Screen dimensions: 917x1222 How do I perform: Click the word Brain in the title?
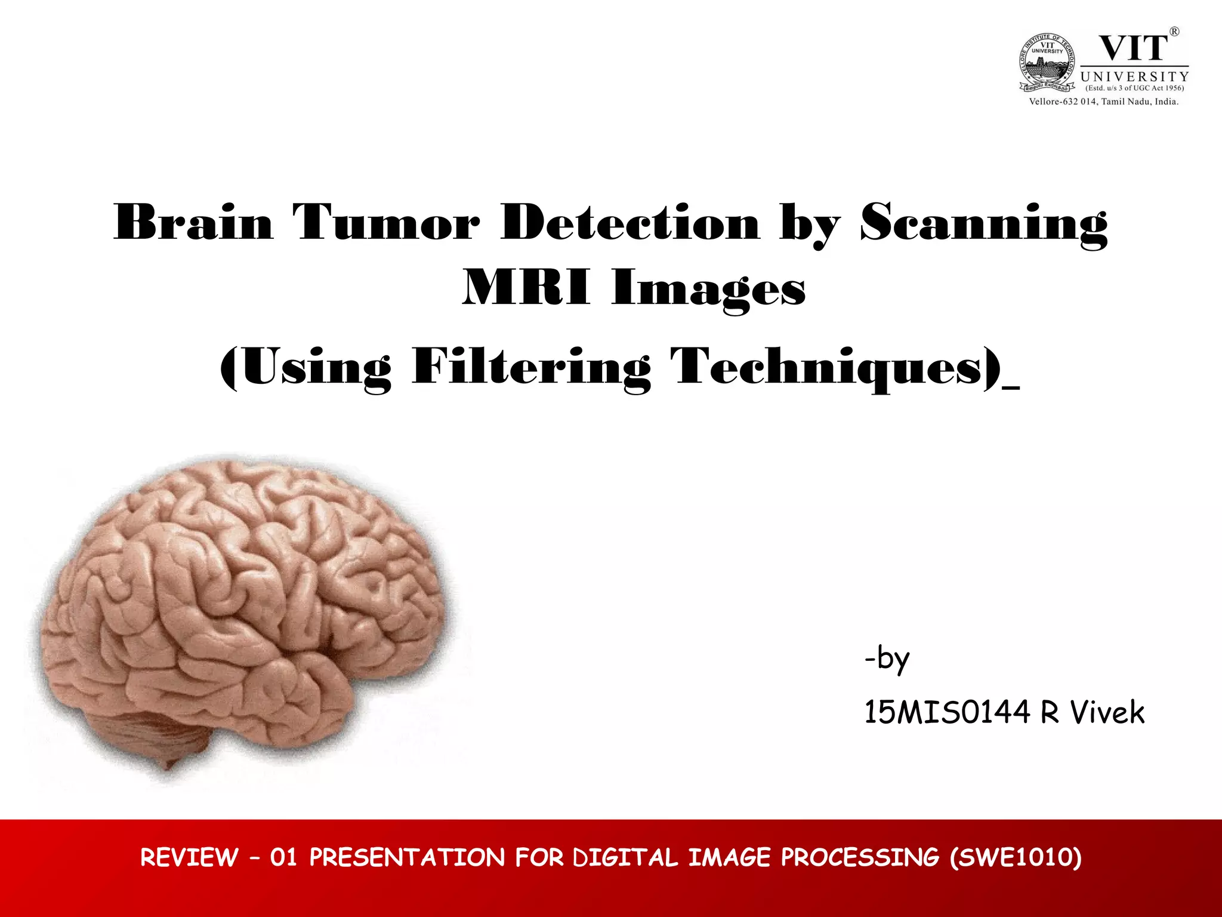pyautogui.click(x=193, y=223)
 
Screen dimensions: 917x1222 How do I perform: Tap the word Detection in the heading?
pyautogui.click(x=631, y=223)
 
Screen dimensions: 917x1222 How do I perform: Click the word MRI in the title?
pyautogui.click(x=526, y=288)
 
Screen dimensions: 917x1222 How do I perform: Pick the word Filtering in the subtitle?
pyautogui.click(x=531, y=368)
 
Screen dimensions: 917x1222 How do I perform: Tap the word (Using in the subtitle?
pyautogui.click(x=305, y=368)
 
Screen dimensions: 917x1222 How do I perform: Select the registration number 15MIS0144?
pyautogui.click(x=947, y=712)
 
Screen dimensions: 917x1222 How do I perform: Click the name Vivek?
pyautogui.click(x=1107, y=712)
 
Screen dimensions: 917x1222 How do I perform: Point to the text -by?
pyautogui.click(x=887, y=659)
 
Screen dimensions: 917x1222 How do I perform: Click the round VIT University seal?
pyautogui.click(x=1047, y=63)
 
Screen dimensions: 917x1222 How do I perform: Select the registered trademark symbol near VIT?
pyautogui.click(x=1174, y=32)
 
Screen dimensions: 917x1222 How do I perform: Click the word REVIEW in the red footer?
pyautogui.click(x=189, y=857)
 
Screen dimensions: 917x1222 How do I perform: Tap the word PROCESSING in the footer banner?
pyautogui.click(x=860, y=857)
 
